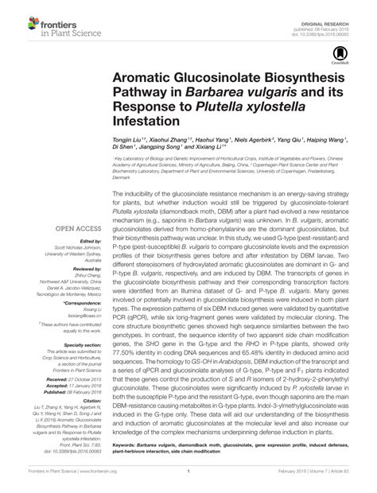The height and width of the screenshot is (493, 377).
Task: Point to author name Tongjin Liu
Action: point(132,139)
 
